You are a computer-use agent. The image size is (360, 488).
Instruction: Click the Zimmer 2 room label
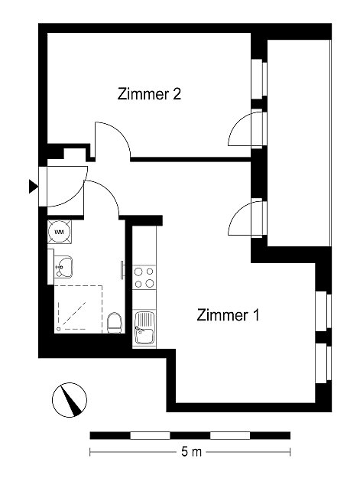coord(149,94)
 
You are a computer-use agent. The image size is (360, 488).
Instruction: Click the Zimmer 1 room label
coord(228,315)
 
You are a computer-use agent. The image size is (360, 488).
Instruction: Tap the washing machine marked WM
coord(59,232)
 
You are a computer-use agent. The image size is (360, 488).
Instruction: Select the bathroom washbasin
coord(63,267)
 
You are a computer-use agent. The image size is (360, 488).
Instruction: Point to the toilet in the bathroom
coord(115,323)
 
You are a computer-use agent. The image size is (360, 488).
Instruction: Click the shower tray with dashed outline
coord(78,309)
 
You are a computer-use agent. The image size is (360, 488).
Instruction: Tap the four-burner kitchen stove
coord(144,278)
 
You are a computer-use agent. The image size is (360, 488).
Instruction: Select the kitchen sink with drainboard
coord(144,327)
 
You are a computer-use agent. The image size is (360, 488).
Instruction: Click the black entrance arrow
coord(34,187)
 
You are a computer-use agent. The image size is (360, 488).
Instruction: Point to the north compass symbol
coord(70,400)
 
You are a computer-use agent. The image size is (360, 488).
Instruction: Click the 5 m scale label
coord(191,451)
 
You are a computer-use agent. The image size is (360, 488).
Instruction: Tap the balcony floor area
coord(299,143)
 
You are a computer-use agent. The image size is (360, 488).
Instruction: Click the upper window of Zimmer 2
coord(259,79)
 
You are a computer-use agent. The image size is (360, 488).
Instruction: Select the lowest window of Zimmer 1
coord(323,363)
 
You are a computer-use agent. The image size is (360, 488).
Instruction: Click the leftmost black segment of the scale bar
coord(110,435)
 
